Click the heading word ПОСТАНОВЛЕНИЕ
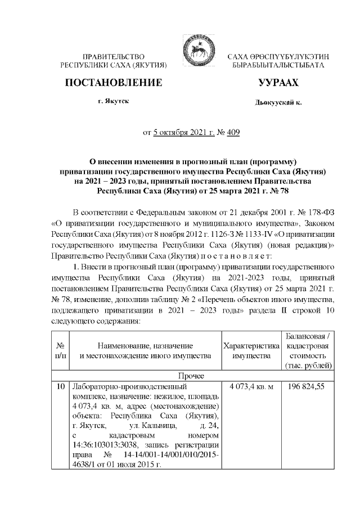click(114, 83)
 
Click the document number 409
click(232, 133)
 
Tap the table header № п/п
click(59, 350)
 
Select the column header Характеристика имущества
click(251, 350)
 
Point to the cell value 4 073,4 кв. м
click(251, 387)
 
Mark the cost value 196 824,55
click(308, 387)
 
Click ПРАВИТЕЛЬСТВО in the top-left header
click(114, 57)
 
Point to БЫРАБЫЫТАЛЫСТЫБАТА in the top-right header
click(278, 66)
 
